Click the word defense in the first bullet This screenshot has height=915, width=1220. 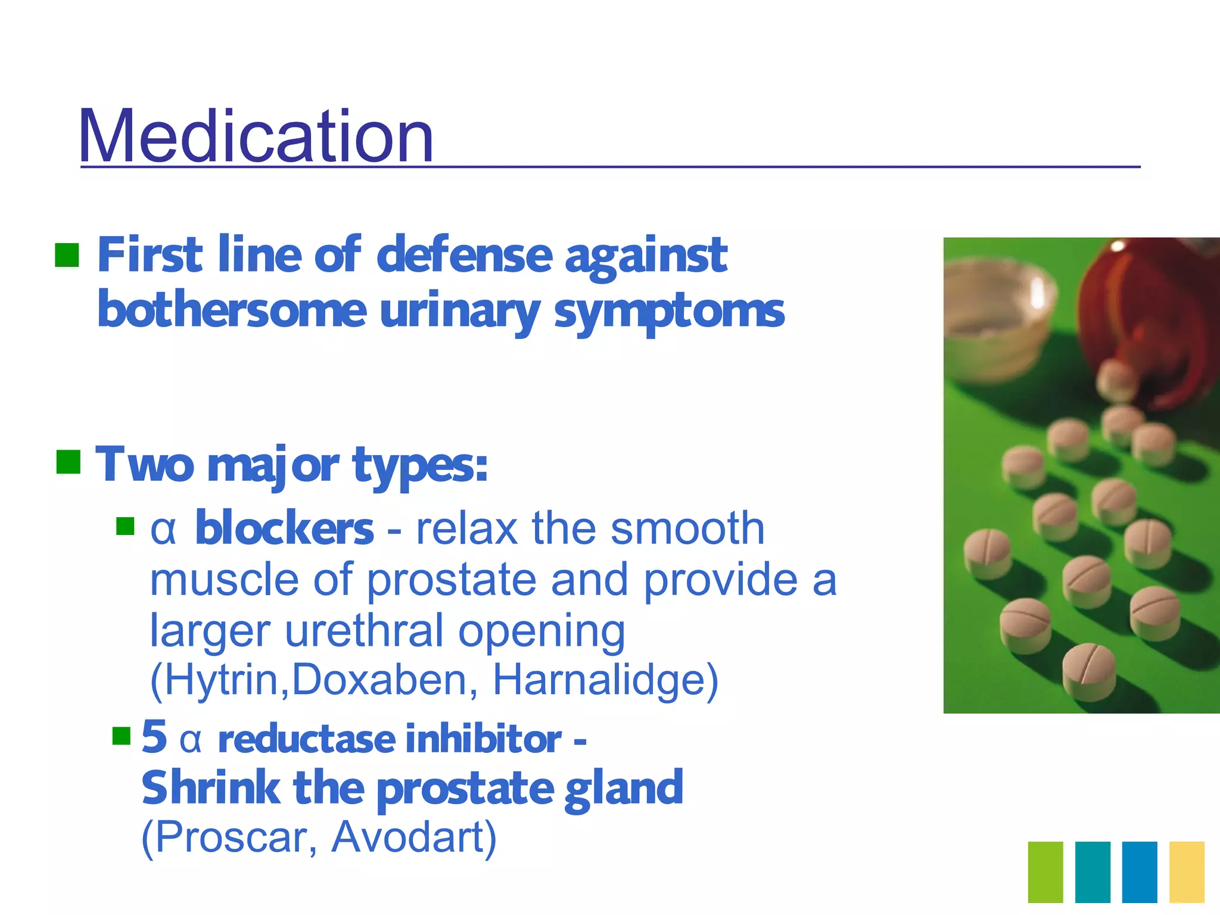coord(465,255)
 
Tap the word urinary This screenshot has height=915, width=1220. coord(459,311)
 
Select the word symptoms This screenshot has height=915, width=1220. coord(669,311)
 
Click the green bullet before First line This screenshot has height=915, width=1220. coord(67,255)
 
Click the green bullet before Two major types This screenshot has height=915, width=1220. coord(68,462)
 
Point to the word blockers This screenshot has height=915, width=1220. coord(284,529)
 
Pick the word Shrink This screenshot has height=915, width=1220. coord(210,788)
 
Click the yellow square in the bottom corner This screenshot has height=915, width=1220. coord(1187,872)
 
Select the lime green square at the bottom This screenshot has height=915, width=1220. coord(1045,872)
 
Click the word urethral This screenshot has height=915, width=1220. coord(364,630)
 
